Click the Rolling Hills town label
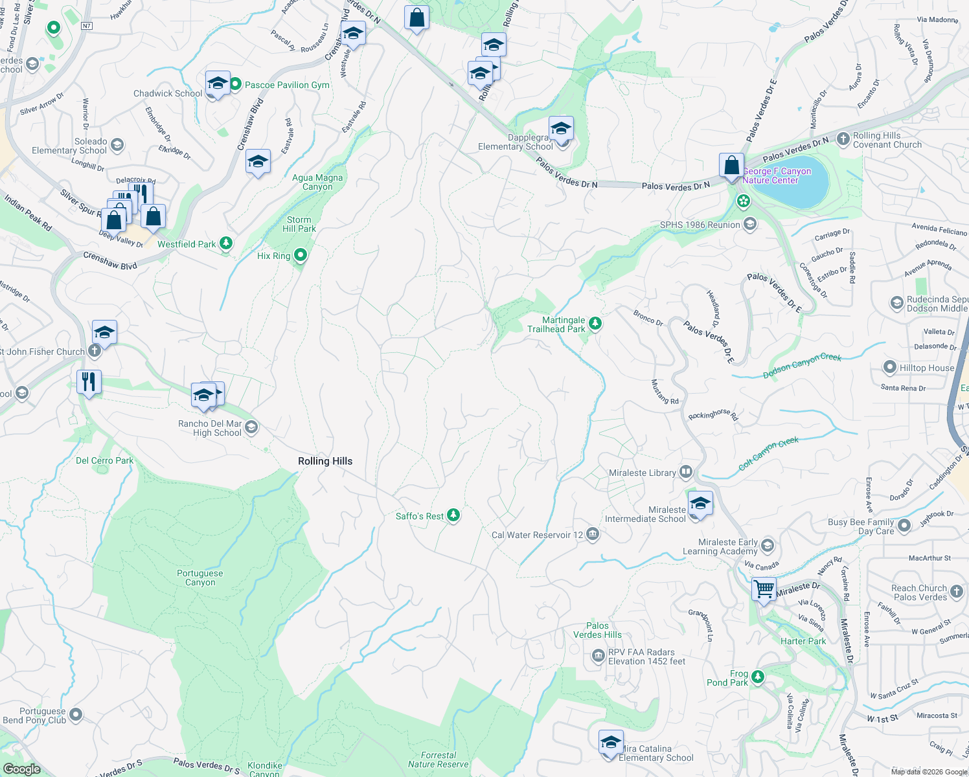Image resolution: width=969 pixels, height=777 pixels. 325,461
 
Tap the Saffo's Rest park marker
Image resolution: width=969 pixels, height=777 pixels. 453,515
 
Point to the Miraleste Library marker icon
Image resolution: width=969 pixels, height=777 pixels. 686,472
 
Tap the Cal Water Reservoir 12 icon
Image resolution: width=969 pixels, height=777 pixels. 592,534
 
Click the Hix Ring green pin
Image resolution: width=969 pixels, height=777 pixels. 301,255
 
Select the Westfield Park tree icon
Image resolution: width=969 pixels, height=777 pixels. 226,243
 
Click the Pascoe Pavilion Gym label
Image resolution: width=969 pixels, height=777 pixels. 287,85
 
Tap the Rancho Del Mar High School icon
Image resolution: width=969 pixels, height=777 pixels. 252,427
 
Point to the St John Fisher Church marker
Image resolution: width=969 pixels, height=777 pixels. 95,352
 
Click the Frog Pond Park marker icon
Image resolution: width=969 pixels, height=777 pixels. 758,677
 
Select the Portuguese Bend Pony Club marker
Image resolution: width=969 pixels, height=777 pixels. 76,715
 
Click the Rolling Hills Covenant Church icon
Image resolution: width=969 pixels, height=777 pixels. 843,139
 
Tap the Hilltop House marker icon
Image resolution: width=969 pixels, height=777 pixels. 890,367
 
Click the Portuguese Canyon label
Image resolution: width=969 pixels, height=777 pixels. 199,578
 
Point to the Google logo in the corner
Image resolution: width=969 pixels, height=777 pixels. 21,769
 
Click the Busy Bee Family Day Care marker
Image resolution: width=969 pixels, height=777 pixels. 904,525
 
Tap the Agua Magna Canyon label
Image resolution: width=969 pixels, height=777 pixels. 317,182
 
